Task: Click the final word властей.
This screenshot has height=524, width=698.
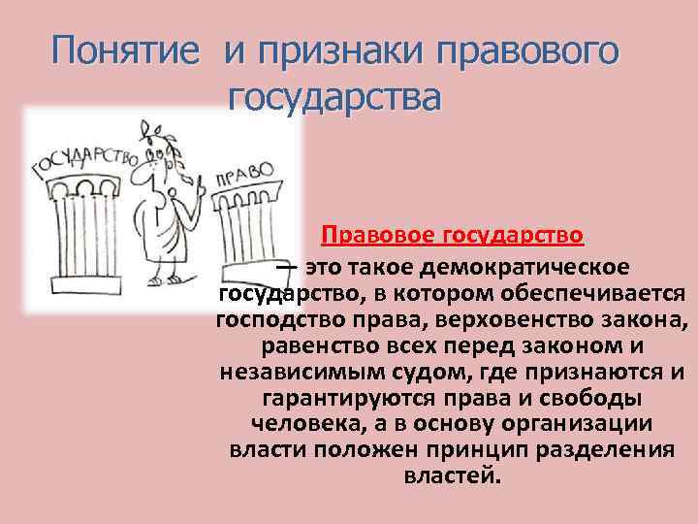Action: coord(452,477)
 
